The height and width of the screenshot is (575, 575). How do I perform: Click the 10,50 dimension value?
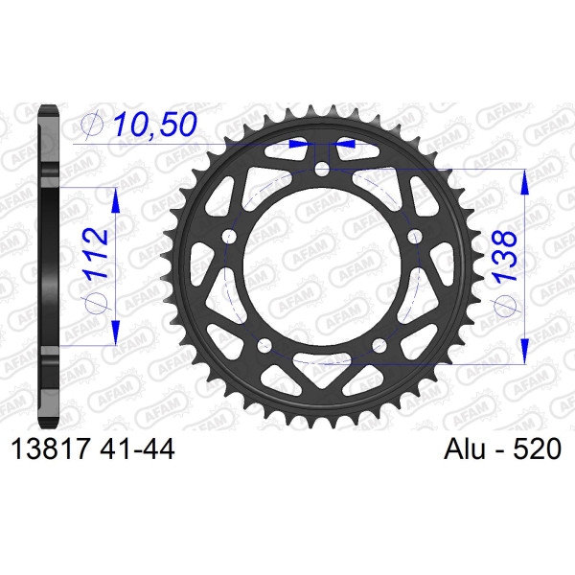[155, 124]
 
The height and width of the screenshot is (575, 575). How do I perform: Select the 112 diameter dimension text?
[95, 254]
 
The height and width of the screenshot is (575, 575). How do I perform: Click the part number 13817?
[51, 448]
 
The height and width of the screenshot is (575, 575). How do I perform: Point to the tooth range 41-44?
[137, 448]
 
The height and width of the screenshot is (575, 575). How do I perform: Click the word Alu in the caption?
[465, 448]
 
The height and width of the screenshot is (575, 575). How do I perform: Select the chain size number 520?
[537, 448]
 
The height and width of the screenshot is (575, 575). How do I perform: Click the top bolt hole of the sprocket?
[322, 169]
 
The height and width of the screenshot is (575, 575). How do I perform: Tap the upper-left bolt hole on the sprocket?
[230, 237]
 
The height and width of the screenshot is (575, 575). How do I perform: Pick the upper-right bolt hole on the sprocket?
[414, 237]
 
